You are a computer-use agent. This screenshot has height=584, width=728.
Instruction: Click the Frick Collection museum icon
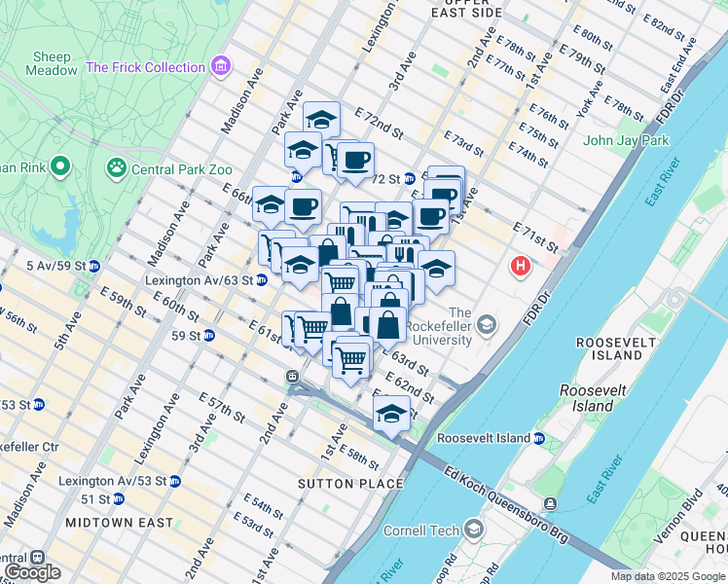(x=221, y=67)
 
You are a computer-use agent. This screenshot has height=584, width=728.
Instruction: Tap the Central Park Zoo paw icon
(x=117, y=167)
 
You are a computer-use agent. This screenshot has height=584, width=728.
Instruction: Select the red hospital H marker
(x=522, y=265)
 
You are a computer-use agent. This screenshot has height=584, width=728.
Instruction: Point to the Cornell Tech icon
(x=474, y=529)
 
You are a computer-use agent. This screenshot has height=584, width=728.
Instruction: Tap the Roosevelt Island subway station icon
(x=538, y=438)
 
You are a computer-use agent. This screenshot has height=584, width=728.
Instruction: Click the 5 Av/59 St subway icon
(x=94, y=265)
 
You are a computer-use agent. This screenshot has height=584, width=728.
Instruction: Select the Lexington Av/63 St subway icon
(x=261, y=280)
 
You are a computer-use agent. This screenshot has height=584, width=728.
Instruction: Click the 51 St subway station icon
(x=118, y=498)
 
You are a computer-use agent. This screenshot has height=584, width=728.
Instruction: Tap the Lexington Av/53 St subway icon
(x=174, y=481)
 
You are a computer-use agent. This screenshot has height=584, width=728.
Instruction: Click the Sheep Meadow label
(x=53, y=63)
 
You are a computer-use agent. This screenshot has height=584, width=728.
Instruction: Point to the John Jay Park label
(x=626, y=140)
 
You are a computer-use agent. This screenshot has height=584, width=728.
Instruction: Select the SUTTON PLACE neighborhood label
(x=350, y=484)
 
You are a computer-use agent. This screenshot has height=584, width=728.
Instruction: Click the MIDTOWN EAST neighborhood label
(x=120, y=523)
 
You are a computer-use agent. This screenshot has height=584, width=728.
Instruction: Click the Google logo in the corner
(x=32, y=572)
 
